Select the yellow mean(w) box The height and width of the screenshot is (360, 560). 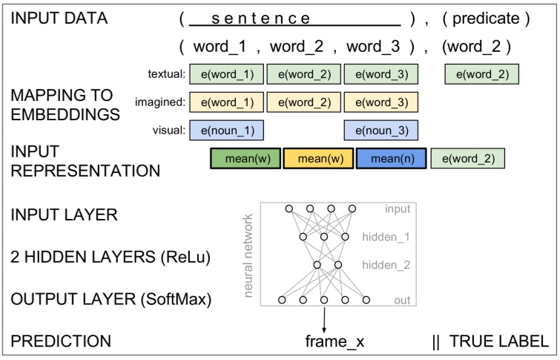(318, 158)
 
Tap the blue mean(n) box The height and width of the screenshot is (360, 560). (390, 158)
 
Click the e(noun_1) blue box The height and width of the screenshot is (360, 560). (226, 130)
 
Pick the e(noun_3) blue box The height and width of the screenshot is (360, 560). (381, 130)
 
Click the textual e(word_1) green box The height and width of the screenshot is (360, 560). (226, 73)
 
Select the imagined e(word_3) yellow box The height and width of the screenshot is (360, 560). (381, 102)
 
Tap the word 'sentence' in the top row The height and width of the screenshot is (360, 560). (294, 19)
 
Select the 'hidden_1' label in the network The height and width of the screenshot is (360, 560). (386, 237)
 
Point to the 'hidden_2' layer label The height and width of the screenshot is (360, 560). (386, 264)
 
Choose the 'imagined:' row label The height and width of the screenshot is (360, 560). (159, 102)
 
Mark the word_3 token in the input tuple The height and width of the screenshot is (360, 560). (372, 46)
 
